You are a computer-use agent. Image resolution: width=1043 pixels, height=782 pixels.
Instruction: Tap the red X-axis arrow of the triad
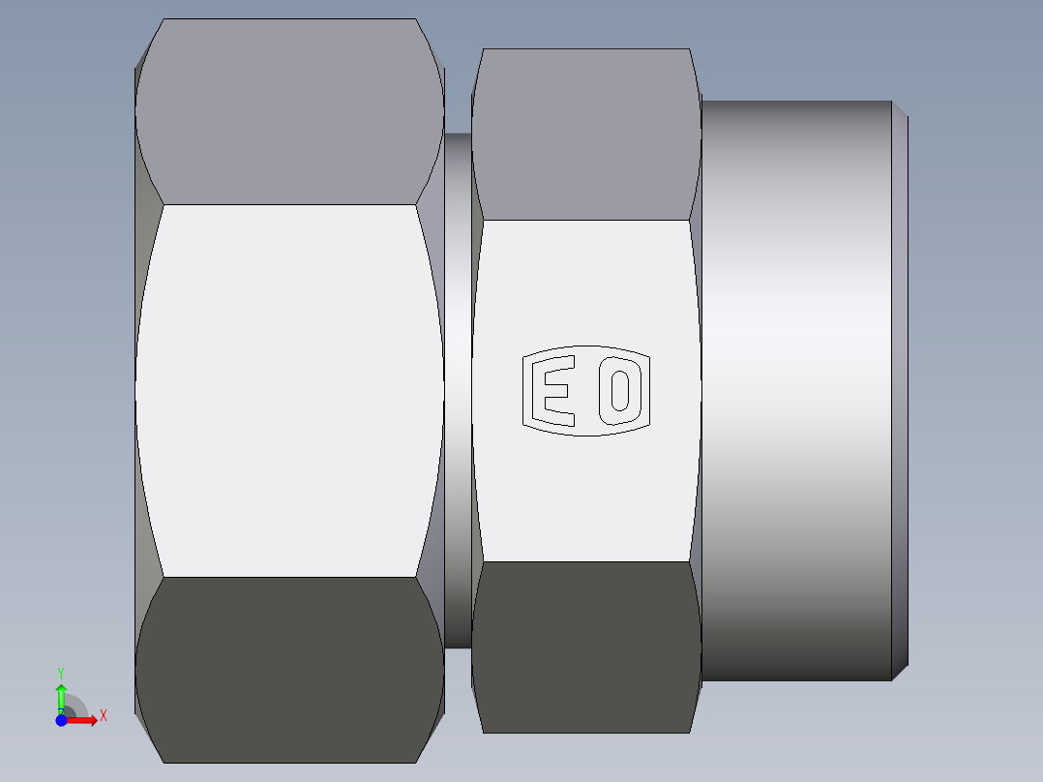click(85, 720)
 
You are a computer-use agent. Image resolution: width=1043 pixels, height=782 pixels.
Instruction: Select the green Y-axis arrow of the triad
click(61, 694)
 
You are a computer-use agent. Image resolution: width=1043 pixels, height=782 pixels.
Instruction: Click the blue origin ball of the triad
click(61, 720)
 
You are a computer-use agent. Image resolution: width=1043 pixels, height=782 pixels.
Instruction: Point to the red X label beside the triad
click(104, 715)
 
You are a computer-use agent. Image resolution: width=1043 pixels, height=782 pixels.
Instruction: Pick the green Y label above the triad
click(61, 672)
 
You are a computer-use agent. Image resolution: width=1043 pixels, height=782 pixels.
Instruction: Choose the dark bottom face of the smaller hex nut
click(585, 647)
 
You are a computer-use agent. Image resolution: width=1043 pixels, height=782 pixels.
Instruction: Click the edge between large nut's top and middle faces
click(290, 204)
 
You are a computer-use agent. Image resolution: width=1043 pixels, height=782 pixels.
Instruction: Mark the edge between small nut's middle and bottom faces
click(585, 561)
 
